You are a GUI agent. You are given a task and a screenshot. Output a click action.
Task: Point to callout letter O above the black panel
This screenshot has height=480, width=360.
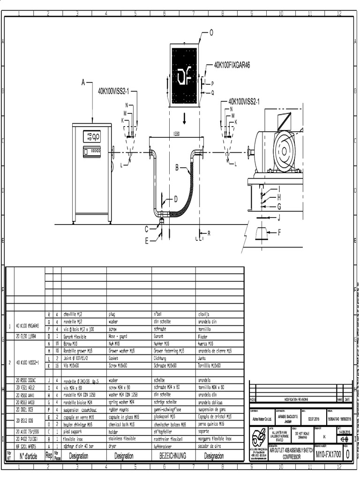click(211, 32)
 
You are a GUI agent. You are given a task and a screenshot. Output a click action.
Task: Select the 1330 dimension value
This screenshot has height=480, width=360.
click(176, 134)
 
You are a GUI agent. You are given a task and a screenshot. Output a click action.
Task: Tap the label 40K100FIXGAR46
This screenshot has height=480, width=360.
click(232, 66)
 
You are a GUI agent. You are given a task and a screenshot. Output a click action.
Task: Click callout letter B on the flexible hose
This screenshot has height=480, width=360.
click(178, 167)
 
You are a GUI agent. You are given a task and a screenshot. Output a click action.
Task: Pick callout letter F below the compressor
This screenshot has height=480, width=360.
click(280, 232)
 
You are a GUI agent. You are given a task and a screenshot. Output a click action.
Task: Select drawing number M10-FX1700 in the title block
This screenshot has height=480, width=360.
click(328, 454)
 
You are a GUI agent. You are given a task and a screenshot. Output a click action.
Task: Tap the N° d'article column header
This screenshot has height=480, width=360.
click(29, 456)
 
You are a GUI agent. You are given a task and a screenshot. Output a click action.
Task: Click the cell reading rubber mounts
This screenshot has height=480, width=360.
click(120, 409)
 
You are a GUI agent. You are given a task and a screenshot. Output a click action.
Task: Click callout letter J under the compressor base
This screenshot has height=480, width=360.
click(279, 217)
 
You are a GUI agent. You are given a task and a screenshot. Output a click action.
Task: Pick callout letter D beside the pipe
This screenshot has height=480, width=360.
click(176, 199)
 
